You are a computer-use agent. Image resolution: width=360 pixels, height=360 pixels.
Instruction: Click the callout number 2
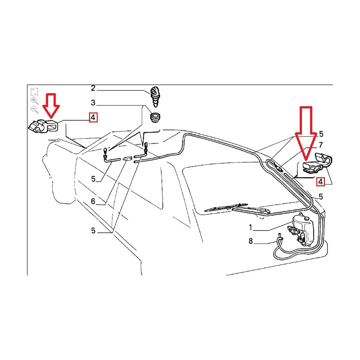click(x=93, y=88)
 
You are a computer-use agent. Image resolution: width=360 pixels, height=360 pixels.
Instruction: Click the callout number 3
click(x=93, y=103)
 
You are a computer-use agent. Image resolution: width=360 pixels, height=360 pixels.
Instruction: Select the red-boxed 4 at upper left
click(x=93, y=117)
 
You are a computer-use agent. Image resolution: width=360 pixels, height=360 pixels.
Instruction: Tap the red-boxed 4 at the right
click(x=320, y=182)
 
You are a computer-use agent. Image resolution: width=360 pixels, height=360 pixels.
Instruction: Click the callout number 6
click(x=93, y=201)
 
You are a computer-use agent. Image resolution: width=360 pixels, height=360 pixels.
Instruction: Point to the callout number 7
click(x=321, y=145)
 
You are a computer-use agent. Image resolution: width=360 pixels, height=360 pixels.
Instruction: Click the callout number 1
click(x=251, y=228)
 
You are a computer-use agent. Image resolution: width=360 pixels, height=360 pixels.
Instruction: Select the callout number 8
click(x=251, y=241)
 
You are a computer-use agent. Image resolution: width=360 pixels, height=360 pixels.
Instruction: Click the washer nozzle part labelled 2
click(x=155, y=96)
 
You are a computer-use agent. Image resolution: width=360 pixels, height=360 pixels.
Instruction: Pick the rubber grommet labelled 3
click(x=155, y=117)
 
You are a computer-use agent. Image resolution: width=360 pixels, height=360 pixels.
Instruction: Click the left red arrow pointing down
click(x=51, y=105)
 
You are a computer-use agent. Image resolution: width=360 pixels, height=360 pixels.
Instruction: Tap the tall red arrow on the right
click(x=306, y=133)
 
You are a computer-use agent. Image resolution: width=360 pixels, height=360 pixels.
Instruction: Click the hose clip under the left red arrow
click(x=44, y=126)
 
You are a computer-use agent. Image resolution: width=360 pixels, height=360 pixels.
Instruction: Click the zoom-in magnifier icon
click(x=35, y=100)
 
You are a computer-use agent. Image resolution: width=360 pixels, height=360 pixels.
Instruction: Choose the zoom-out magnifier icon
click(x=35, y=109)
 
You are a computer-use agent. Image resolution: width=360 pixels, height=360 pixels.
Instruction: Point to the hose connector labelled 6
click(x=128, y=158)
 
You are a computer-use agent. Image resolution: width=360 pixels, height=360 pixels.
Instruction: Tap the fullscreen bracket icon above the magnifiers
click(x=34, y=92)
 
